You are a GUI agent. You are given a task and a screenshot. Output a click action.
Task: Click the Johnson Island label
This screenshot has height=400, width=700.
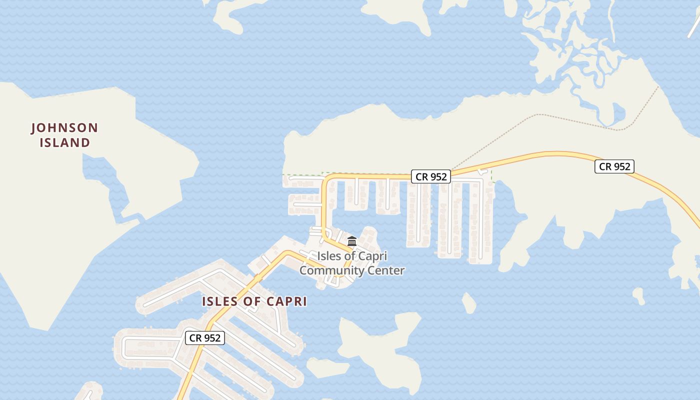tap(64, 135)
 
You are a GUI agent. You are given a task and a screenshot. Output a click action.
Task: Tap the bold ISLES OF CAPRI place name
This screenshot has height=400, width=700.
tap(254, 301)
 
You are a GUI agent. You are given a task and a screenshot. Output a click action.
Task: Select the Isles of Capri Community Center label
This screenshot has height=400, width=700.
tap(352, 263)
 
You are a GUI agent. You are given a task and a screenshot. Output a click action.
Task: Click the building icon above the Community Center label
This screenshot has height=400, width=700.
tap(352, 241)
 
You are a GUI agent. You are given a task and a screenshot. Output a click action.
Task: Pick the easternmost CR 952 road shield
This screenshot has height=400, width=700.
tap(614, 166)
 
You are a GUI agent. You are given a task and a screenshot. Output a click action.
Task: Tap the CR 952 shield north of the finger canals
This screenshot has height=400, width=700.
tap(431, 176)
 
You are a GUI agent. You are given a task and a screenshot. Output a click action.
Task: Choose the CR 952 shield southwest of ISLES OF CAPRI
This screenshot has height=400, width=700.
tap(205, 338)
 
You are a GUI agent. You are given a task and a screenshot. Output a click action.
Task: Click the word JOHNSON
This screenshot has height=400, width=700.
tap(64, 128)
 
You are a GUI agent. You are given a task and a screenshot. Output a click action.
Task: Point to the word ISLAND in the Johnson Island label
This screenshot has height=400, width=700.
tap(64, 142)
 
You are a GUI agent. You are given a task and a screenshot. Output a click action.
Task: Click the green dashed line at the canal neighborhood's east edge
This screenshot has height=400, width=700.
tap(492, 175)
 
